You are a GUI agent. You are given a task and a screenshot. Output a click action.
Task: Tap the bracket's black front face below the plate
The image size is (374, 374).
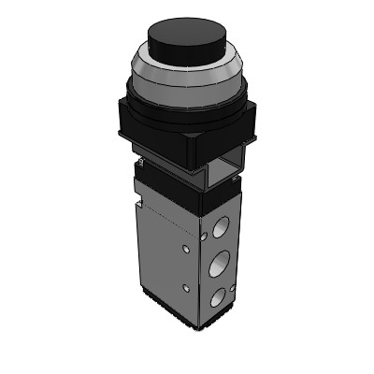pos(168,165)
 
